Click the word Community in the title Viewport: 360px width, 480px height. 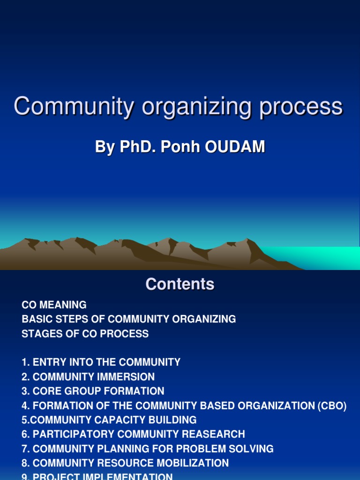[74, 106]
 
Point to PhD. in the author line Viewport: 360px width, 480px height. [138, 147]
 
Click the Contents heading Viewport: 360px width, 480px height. [180, 284]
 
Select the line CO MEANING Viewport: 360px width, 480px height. [54, 305]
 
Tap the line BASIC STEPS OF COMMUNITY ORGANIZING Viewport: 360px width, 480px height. [128, 319]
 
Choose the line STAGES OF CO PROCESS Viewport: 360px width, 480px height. [85, 334]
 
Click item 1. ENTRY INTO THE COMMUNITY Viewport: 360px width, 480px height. [101, 362]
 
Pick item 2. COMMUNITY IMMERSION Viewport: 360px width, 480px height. [88, 377]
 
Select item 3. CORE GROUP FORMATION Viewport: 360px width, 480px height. [93, 391]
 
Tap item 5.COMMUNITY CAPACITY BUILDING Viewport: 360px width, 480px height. [109, 420]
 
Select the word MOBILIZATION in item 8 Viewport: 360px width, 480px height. [193, 464]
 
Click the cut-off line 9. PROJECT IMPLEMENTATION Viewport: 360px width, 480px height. [97, 476]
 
